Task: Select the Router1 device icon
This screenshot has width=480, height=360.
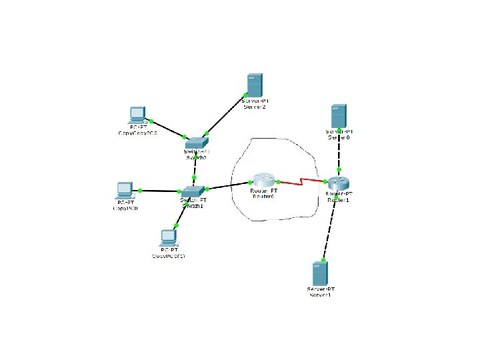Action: point(337,181)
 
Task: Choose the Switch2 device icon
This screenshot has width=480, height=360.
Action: point(197,142)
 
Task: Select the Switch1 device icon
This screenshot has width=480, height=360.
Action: point(193,191)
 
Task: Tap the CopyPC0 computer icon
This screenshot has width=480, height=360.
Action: point(124,191)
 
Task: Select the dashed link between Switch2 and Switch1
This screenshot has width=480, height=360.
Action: point(195,166)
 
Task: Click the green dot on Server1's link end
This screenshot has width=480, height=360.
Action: point(324,260)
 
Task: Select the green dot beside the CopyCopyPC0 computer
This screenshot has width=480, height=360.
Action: point(152,121)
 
